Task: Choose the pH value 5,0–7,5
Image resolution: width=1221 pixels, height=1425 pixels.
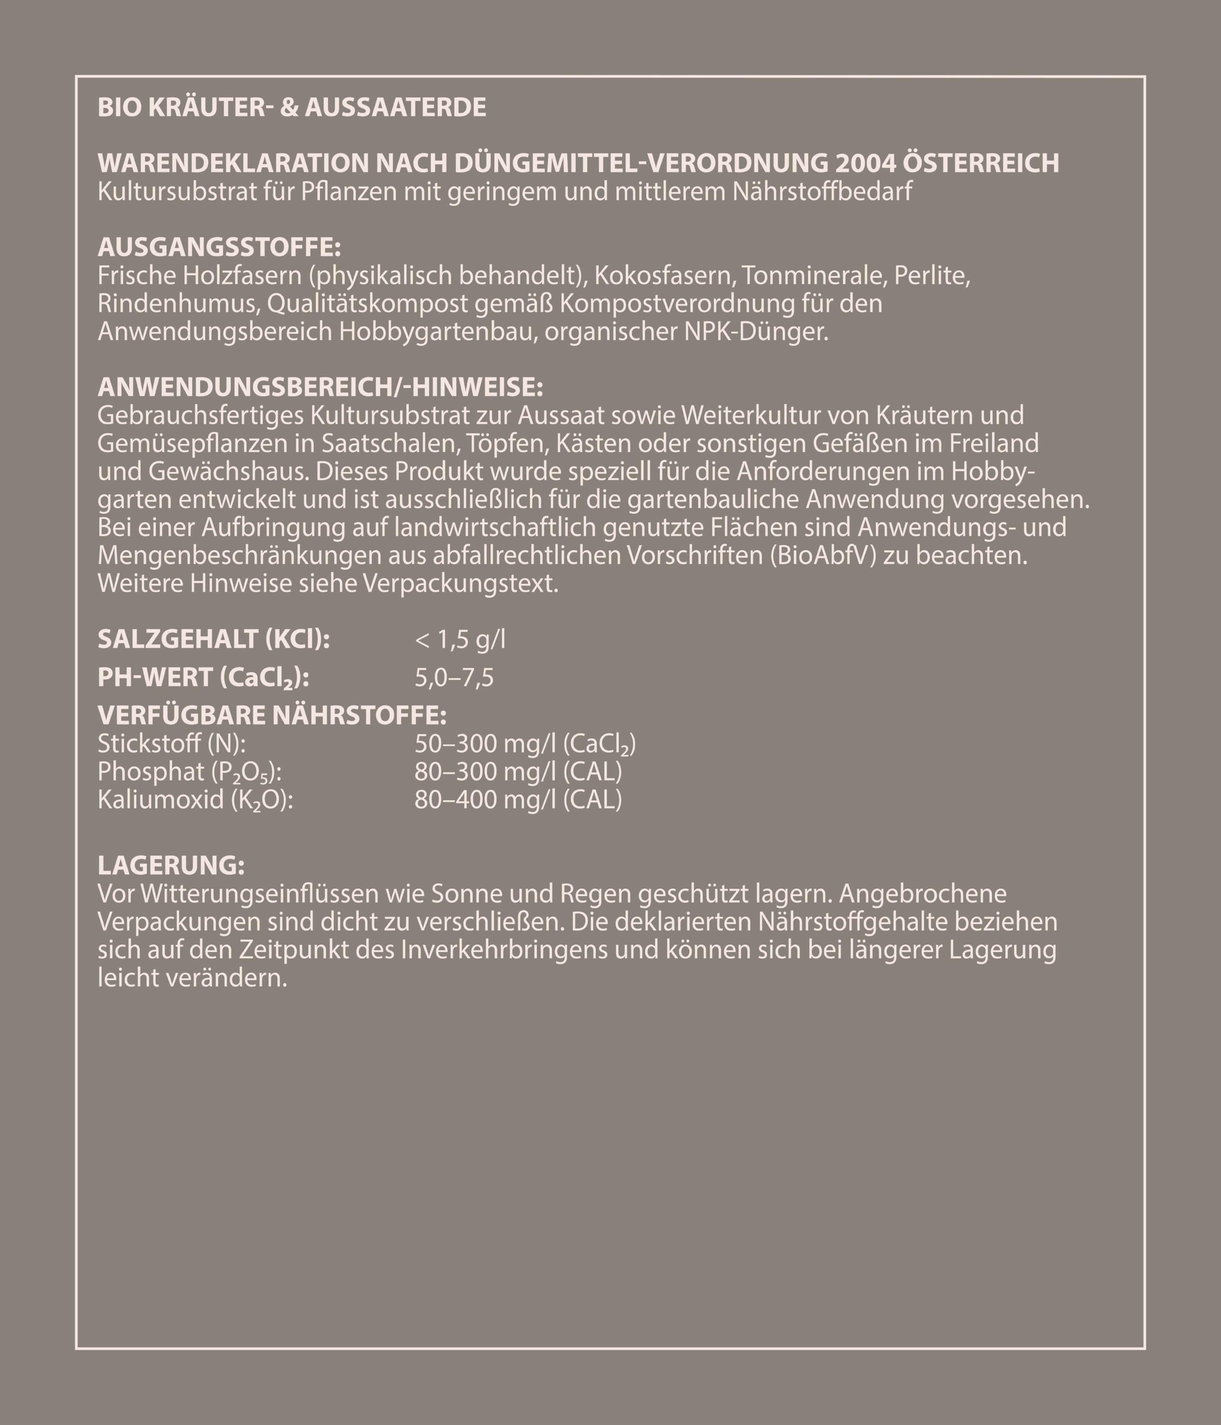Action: click(454, 678)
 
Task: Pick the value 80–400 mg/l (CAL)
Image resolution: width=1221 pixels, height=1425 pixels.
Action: click(518, 800)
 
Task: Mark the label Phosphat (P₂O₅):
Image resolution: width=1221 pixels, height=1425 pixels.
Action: click(190, 772)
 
